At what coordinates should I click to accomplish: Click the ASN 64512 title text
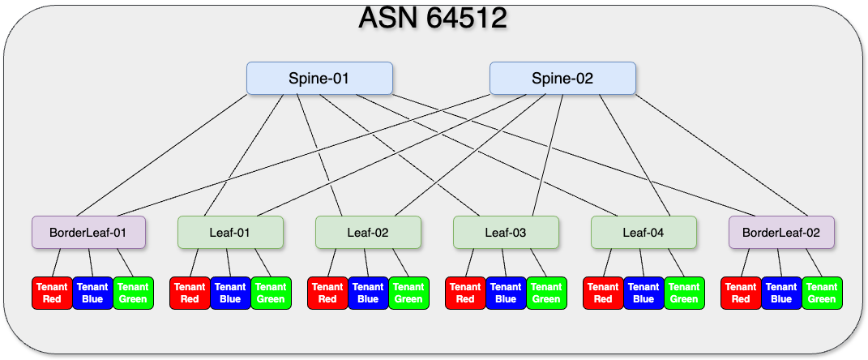point(433,18)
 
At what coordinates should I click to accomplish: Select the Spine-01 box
point(319,79)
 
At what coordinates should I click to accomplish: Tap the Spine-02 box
point(562,79)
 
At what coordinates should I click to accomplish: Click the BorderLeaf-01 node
point(88,233)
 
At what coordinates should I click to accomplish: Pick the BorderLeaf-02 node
point(781,233)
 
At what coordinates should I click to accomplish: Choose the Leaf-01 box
point(230,233)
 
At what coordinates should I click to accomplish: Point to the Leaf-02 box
point(368,233)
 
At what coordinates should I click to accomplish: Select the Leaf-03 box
point(506,233)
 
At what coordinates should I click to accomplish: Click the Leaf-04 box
point(644,233)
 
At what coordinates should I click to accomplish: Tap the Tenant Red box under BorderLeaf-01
point(52,293)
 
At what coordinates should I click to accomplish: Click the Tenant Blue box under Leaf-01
point(230,293)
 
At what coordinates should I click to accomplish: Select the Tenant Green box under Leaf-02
point(408,293)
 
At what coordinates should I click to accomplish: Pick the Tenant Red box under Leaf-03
point(465,293)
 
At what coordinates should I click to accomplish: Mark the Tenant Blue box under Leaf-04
point(644,293)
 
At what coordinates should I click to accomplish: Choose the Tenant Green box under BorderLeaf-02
point(822,293)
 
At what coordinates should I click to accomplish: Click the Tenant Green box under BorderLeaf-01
point(133,293)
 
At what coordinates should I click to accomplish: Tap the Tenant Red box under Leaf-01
point(190,293)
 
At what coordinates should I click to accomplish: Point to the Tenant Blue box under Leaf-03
point(506,293)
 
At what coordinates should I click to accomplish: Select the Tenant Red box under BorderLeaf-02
point(741,293)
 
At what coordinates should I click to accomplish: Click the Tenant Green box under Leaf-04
point(684,293)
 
